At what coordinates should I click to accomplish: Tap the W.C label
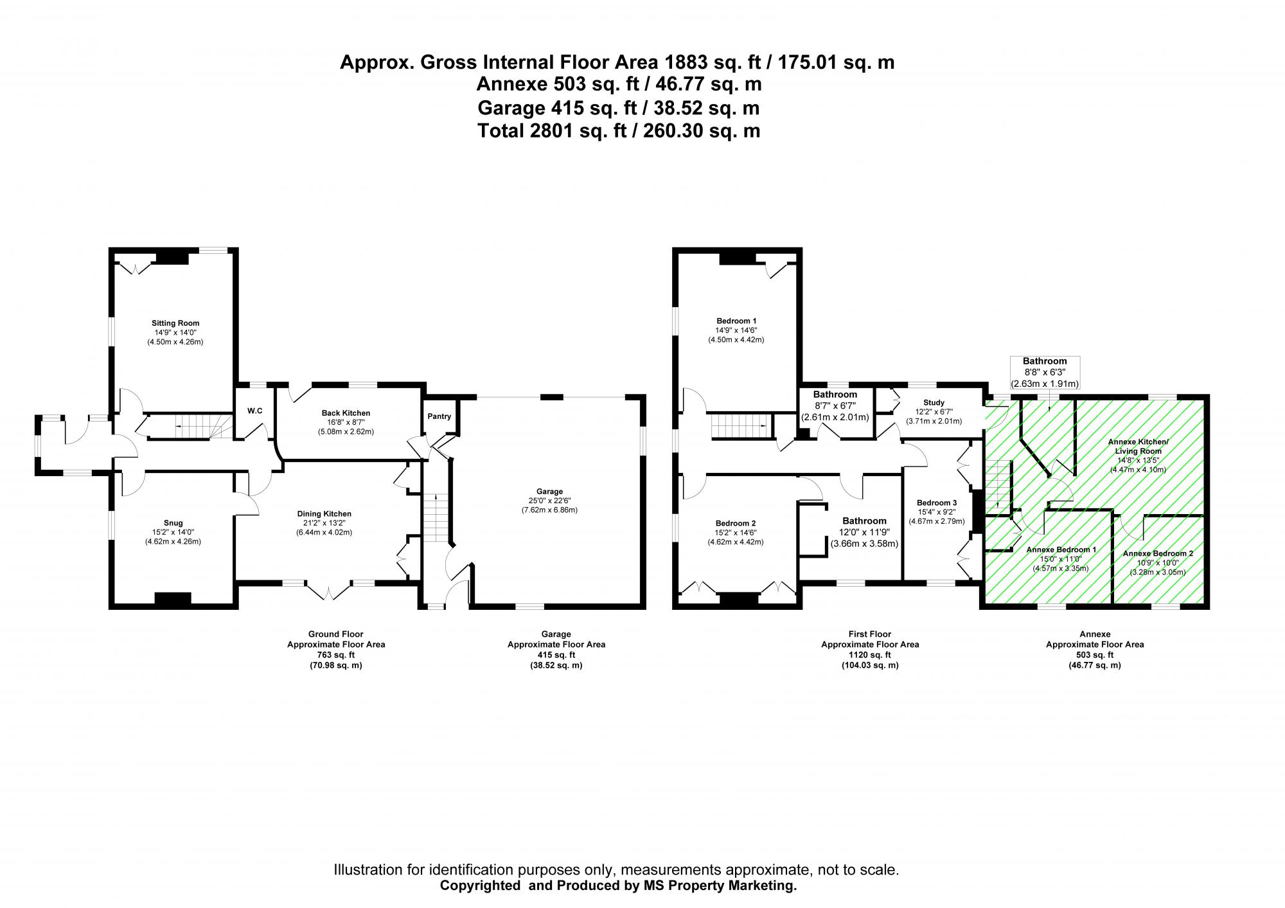tap(255, 411)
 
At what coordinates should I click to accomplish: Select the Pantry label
tap(439, 416)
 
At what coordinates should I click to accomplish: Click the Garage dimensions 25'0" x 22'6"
tap(549, 501)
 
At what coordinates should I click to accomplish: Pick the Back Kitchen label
tap(346, 413)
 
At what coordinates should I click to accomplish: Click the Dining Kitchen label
tap(324, 513)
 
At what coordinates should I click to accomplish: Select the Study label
tap(934, 403)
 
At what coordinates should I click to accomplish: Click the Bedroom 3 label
tap(937, 503)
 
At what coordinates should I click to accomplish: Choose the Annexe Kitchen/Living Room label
tap(1138, 446)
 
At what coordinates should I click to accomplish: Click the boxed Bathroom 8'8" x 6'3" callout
tap(1045, 372)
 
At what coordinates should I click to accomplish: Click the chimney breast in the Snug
tap(173, 598)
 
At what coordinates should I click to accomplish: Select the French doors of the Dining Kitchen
tap(328, 590)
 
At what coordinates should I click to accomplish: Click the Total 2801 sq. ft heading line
tap(618, 131)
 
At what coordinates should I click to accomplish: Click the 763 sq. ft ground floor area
tap(335, 655)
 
